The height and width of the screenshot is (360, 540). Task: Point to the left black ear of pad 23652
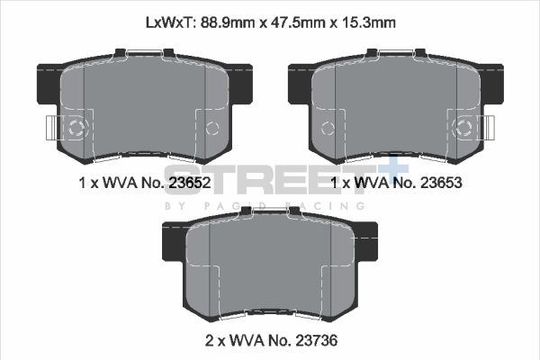click(x=47, y=83)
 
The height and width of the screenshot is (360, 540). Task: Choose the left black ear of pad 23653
click(x=300, y=83)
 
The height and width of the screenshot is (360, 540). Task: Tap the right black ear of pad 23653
click(x=490, y=83)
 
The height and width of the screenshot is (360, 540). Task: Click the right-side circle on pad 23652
click(x=212, y=127)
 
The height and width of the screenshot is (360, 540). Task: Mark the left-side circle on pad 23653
click(x=328, y=127)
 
